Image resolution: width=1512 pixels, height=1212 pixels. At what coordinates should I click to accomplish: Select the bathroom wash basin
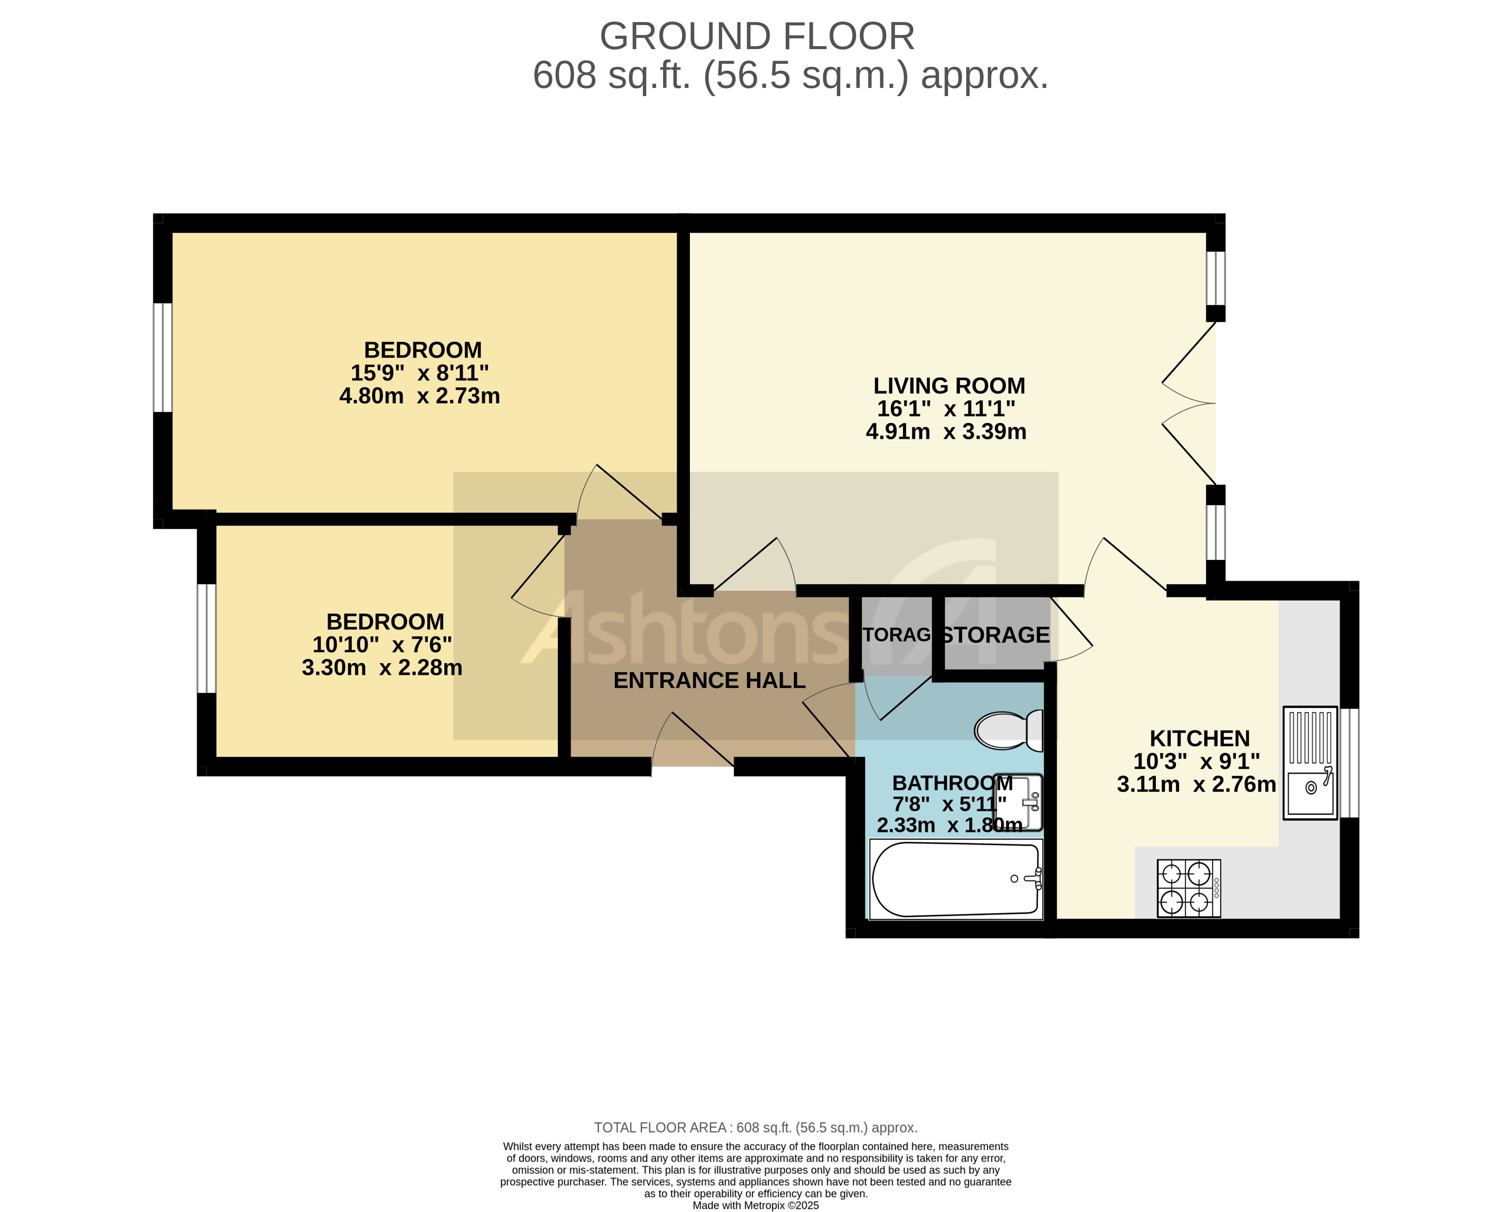coord(1019,802)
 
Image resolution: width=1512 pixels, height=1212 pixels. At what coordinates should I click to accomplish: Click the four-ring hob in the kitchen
coord(1188,888)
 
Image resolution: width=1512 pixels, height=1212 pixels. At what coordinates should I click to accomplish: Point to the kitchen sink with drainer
coord(1309,762)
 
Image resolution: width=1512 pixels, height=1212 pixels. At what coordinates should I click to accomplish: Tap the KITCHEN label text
coord(1199,738)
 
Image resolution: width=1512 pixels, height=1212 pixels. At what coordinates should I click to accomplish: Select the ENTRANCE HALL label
coord(709,680)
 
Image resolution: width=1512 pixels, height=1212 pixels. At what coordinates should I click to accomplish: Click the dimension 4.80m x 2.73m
coord(419,396)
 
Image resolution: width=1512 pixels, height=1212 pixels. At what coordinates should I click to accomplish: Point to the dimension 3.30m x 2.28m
coord(382,667)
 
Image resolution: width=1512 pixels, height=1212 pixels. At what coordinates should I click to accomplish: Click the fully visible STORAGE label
coord(995,635)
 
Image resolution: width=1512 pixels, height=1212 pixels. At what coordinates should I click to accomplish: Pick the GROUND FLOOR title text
coord(757,37)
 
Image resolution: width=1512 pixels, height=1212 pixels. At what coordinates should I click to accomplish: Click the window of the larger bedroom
coord(162,357)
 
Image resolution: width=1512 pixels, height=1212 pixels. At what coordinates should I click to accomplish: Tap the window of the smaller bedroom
coord(206,638)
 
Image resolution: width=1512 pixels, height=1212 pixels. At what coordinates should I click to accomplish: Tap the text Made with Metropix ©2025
coord(755,1206)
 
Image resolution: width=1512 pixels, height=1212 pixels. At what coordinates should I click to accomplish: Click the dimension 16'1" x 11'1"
coord(946,409)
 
